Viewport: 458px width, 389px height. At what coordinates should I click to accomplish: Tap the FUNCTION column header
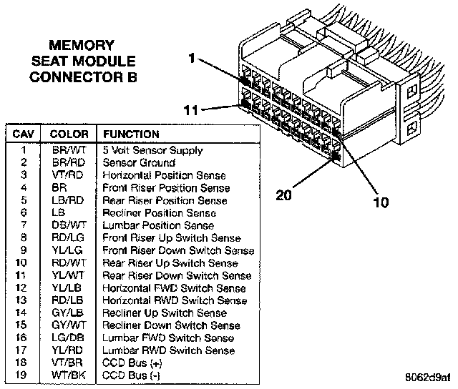pos(132,134)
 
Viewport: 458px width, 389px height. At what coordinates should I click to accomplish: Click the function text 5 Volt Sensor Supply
pos(152,150)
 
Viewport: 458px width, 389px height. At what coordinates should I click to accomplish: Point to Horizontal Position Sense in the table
pos(165,175)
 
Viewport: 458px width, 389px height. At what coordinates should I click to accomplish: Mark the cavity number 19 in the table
pos(24,375)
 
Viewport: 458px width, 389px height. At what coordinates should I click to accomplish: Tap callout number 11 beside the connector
pos(190,110)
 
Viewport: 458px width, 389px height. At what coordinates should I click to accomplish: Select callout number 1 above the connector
pos(192,59)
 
